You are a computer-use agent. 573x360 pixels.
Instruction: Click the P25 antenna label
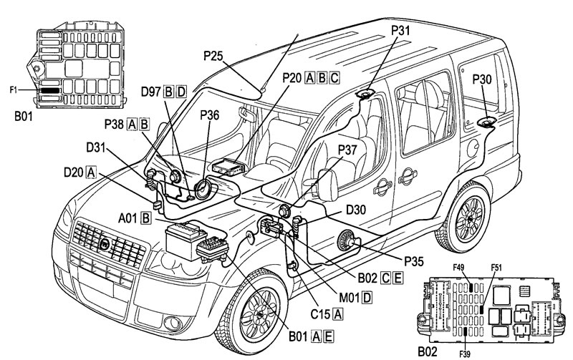pos(213,56)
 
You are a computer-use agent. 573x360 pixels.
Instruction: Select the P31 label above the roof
pos(400,30)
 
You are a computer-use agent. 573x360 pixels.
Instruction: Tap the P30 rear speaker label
pos(481,79)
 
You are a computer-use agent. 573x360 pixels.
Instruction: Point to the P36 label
pos(209,115)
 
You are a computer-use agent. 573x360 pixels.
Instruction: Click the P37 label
pos(347,150)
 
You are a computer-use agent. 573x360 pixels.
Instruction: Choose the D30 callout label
pos(356,210)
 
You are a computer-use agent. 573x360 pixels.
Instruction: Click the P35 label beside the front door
pos(414,261)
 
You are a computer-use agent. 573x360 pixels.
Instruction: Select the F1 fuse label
pos(13,89)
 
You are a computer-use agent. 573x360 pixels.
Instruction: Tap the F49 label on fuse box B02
pos(458,268)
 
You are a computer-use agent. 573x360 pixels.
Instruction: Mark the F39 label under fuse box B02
pos(465,354)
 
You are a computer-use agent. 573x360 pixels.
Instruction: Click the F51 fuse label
pos(496,268)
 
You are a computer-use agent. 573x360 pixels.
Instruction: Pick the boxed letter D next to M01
pos(367,298)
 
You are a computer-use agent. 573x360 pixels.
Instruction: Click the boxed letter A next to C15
pos(339,313)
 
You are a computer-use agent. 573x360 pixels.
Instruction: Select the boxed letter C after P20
pos(334,78)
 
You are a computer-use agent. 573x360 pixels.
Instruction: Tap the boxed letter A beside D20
pos(91,172)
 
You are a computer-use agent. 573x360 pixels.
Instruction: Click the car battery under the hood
pos(186,240)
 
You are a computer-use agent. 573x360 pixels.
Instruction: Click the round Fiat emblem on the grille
pos(105,244)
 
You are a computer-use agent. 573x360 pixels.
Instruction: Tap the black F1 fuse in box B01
pos(49,89)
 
